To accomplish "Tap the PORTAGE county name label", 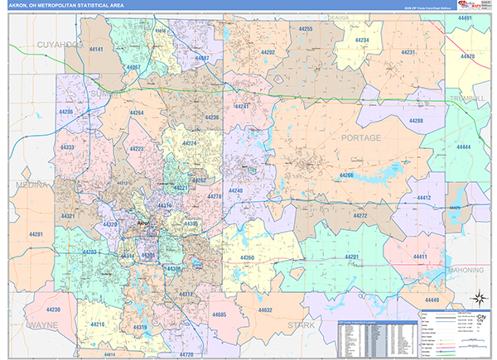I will click(361, 137).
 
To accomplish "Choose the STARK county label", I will click(301, 326).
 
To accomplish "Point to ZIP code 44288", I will click(415, 121).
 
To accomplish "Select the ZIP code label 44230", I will click(53, 309).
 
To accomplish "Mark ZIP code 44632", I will click(264, 310).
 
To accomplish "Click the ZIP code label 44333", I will click(68, 147).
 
